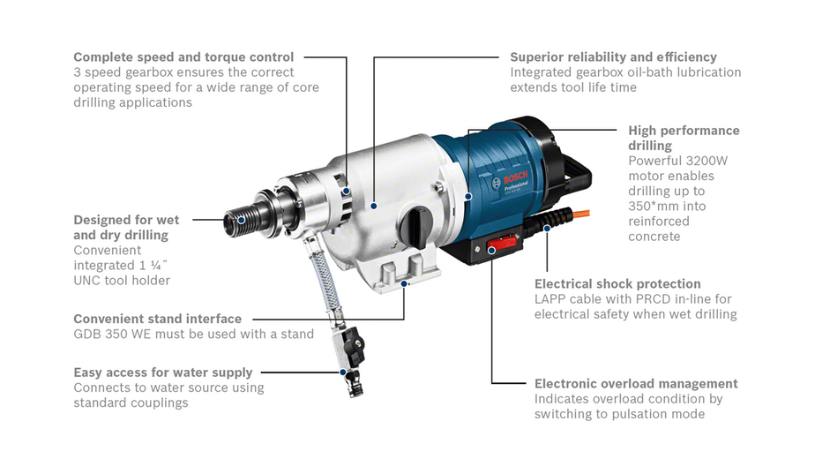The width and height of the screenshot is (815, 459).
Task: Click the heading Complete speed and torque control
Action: click(183, 57)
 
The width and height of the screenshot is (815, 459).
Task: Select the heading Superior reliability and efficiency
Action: click(613, 57)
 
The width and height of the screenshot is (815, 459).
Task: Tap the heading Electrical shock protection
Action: click(617, 284)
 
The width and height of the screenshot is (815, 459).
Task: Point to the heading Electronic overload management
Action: click(636, 384)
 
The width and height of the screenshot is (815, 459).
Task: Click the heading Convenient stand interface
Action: click(158, 319)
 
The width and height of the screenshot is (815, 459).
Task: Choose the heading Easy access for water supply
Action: click(163, 372)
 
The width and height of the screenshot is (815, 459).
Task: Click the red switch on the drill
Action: click(501, 244)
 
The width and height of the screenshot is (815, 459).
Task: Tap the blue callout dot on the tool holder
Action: click(241, 220)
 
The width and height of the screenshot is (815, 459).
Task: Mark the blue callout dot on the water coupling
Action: click(343, 372)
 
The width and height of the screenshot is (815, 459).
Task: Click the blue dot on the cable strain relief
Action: click(547, 229)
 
